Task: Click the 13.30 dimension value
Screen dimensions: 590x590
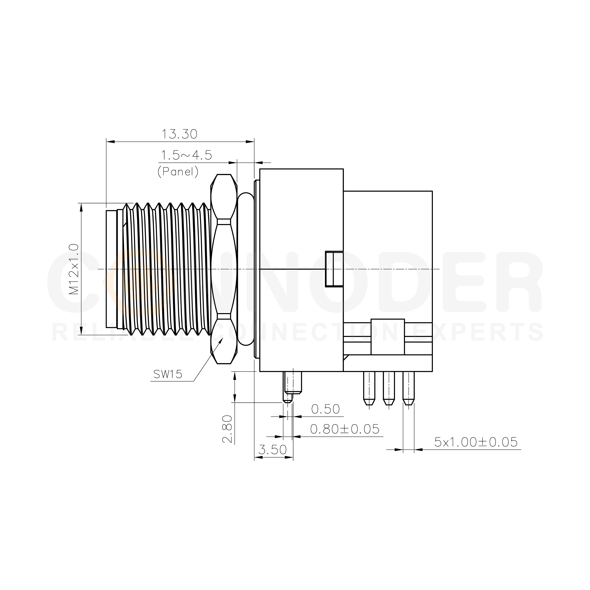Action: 179,134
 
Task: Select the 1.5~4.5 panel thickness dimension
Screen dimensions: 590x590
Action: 186,155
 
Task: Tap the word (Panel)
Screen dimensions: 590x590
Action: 178,172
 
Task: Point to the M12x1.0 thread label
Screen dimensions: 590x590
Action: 74,269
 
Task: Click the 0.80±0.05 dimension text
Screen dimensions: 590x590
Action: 345,429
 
